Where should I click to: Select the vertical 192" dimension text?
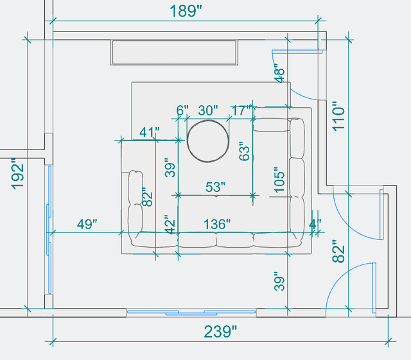[x=18, y=173]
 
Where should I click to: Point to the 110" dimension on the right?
[x=338, y=116]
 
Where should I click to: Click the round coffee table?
[x=207, y=140]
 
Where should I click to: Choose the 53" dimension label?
[x=215, y=187]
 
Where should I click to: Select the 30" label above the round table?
[x=207, y=110]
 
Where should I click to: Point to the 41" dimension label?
[x=149, y=132]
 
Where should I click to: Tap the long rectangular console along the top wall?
[x=175, y=53]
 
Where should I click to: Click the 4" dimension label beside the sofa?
[x=315, y=224]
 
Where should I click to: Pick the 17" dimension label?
[x=241, y=110]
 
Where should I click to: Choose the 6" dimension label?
[x=182, y=110]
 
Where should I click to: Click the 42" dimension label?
[x=169, y=226]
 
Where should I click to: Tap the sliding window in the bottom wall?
[x=191, y=313]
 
